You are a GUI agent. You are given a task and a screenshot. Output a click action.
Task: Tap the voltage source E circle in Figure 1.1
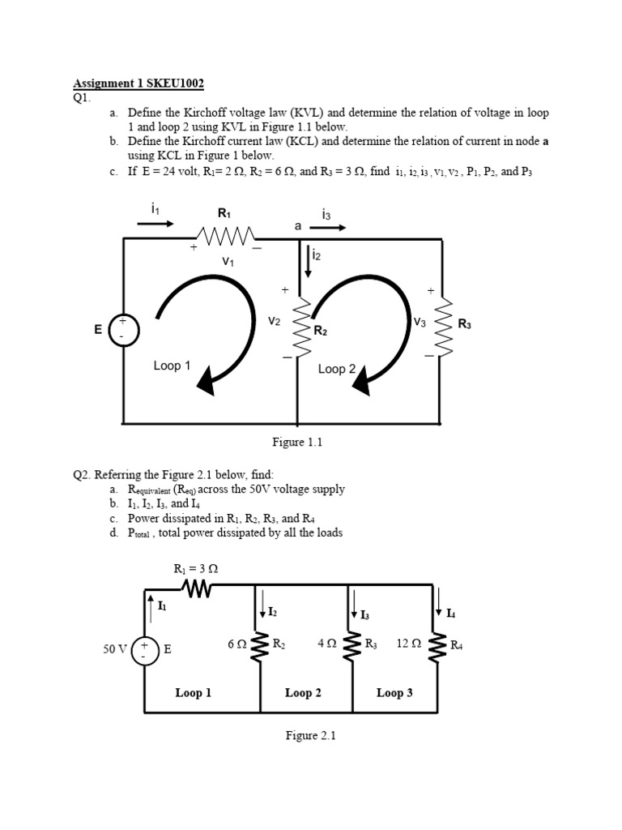click(123, 330)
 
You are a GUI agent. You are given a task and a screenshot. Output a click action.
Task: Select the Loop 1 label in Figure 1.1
click(172, 366)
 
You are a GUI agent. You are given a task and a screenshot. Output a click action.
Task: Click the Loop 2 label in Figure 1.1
click(337, 369)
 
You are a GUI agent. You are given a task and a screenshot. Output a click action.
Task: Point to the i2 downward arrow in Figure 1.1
click(308, 263)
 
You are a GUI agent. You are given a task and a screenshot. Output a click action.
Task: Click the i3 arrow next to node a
click(329, 228)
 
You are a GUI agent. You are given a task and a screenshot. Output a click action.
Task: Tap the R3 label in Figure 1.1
click(464, 324)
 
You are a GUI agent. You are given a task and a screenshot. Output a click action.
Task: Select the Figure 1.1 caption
click(296, 442)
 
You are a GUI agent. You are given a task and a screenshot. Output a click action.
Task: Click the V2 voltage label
click(274, 322)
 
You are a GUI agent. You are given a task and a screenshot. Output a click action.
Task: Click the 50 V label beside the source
click(115, 648)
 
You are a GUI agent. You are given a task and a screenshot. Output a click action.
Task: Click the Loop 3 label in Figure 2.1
click(394, 693)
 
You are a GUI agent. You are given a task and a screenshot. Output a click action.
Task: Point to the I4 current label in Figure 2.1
click(450, 614)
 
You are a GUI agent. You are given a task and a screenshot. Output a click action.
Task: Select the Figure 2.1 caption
click(310, 736)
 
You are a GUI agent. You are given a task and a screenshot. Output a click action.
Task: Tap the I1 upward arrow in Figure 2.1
click(151, 605)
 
